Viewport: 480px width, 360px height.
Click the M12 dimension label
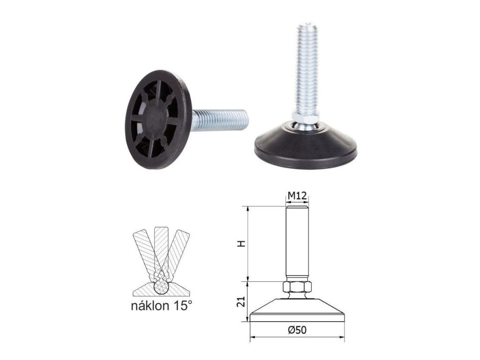(x=297, y=195)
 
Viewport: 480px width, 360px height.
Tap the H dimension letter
(x=242, y=244)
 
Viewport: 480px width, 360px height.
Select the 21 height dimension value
(x=242, y=302)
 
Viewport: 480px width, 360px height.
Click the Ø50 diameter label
(x=297, y=330)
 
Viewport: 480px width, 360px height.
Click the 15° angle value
(x=181, y=305)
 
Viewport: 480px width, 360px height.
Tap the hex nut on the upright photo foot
(x=306, y=117)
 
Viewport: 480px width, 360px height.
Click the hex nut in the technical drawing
(x=297, y=287)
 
